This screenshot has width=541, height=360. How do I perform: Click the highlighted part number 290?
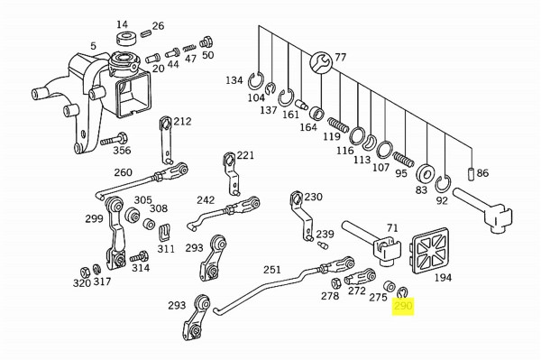[x=403, y=306]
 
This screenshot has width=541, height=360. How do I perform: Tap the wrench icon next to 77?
[x=321, y=62]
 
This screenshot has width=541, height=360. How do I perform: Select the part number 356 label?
[x=122, y=150]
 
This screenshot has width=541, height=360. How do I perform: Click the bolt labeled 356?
[x=114, y=140]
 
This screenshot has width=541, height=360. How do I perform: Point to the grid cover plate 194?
[x=430, y=251]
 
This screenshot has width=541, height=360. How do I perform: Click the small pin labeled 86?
[x=472, y=173]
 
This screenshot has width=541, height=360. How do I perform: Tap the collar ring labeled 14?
[x=126, y=39]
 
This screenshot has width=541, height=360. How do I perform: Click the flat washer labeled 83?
[x=426, y=172]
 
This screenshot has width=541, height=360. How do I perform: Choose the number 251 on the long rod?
[x=272, y=270]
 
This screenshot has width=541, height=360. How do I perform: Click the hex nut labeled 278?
[x=336, y=283]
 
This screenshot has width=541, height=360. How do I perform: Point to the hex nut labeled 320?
[x=85, y=272]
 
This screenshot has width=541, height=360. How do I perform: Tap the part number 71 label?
[x=392, y=228]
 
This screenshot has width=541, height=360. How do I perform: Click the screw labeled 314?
[x=139, y=257]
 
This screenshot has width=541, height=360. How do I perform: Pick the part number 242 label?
[x=206, y=200]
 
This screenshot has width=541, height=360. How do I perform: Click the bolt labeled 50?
[x=206, y=42]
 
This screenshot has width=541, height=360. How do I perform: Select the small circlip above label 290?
[x=402, y=292]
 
